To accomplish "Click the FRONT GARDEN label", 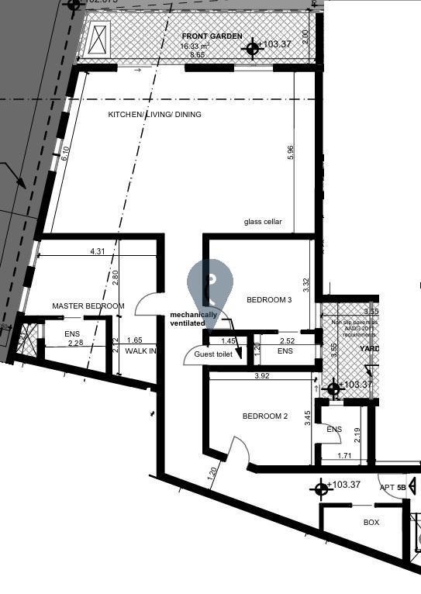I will click(212, 36).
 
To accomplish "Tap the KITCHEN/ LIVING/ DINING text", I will click(154, 115).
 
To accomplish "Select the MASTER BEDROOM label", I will click(88, 306).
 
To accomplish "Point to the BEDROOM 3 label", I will click(269, 299).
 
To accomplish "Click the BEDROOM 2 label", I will click(265, 416).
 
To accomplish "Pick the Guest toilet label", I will click(213, 354).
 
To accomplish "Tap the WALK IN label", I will click(141, 351).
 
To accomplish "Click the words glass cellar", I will click(263, 222).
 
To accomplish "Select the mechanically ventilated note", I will click(194, 319).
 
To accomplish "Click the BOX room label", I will click(371, 523).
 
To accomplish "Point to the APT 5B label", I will click(392, 488).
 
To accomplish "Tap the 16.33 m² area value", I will click(196, 47).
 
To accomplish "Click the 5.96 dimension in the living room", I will click(291, 153).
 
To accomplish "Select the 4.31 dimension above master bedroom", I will click(98, 251).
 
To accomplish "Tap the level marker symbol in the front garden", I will click(251, 49).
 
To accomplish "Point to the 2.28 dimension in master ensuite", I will click(74, 343).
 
